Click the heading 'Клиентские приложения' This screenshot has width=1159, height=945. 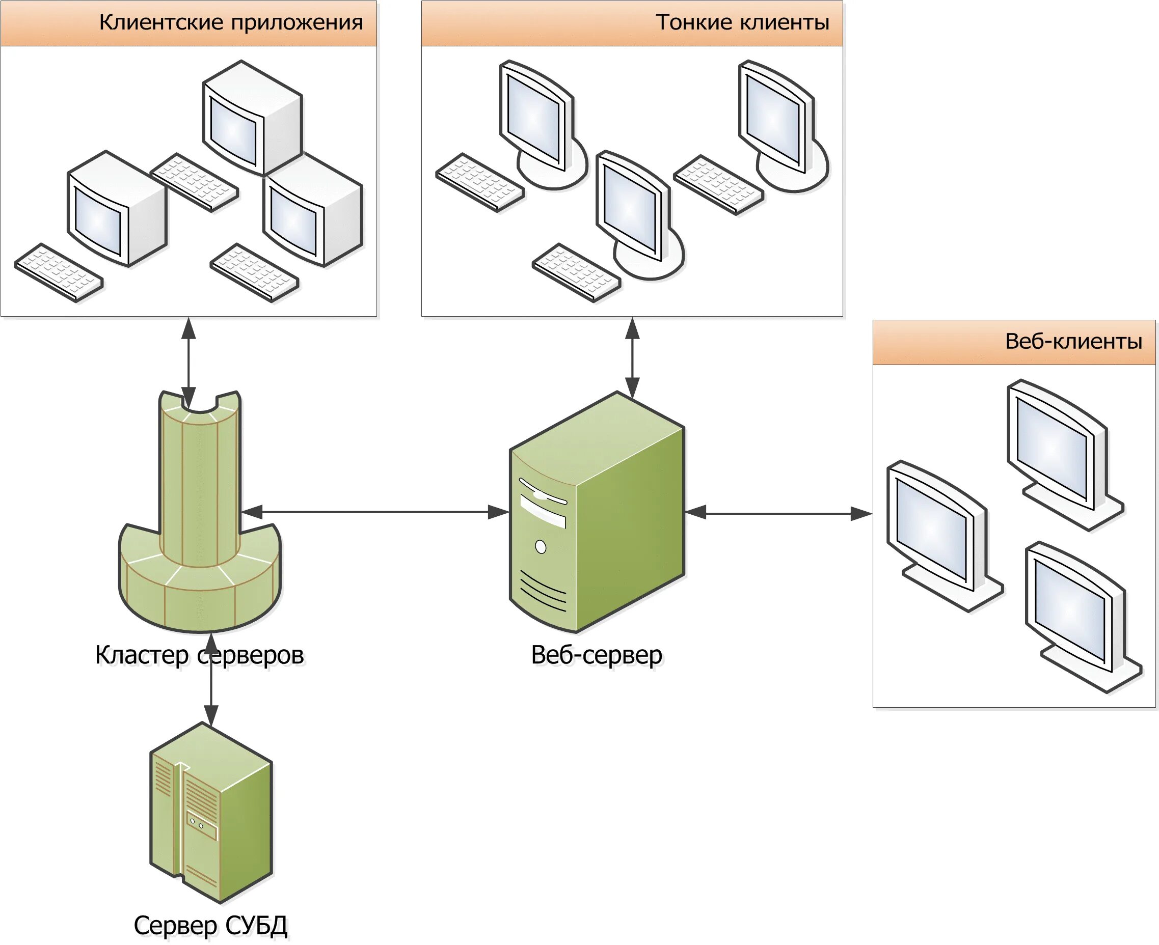coord(231,23)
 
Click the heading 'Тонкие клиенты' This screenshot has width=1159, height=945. coord(742,23)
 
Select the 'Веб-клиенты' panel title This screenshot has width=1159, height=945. coord(1073,342)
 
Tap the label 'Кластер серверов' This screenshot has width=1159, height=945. coord(199,655)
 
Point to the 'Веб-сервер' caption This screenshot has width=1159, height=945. coord(597,655)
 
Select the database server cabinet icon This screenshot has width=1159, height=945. coord(210,817)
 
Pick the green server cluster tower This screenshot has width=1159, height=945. coord(200,517)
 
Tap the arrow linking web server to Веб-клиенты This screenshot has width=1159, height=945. coord(778,513)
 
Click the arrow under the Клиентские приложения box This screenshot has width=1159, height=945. coord(188,356)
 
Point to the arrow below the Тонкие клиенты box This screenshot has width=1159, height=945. coord(632,356)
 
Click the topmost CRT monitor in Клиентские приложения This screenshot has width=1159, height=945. coord(252,117)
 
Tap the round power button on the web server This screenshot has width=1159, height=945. coord(541,546)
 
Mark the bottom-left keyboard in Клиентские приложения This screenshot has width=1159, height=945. coord(59,273)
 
